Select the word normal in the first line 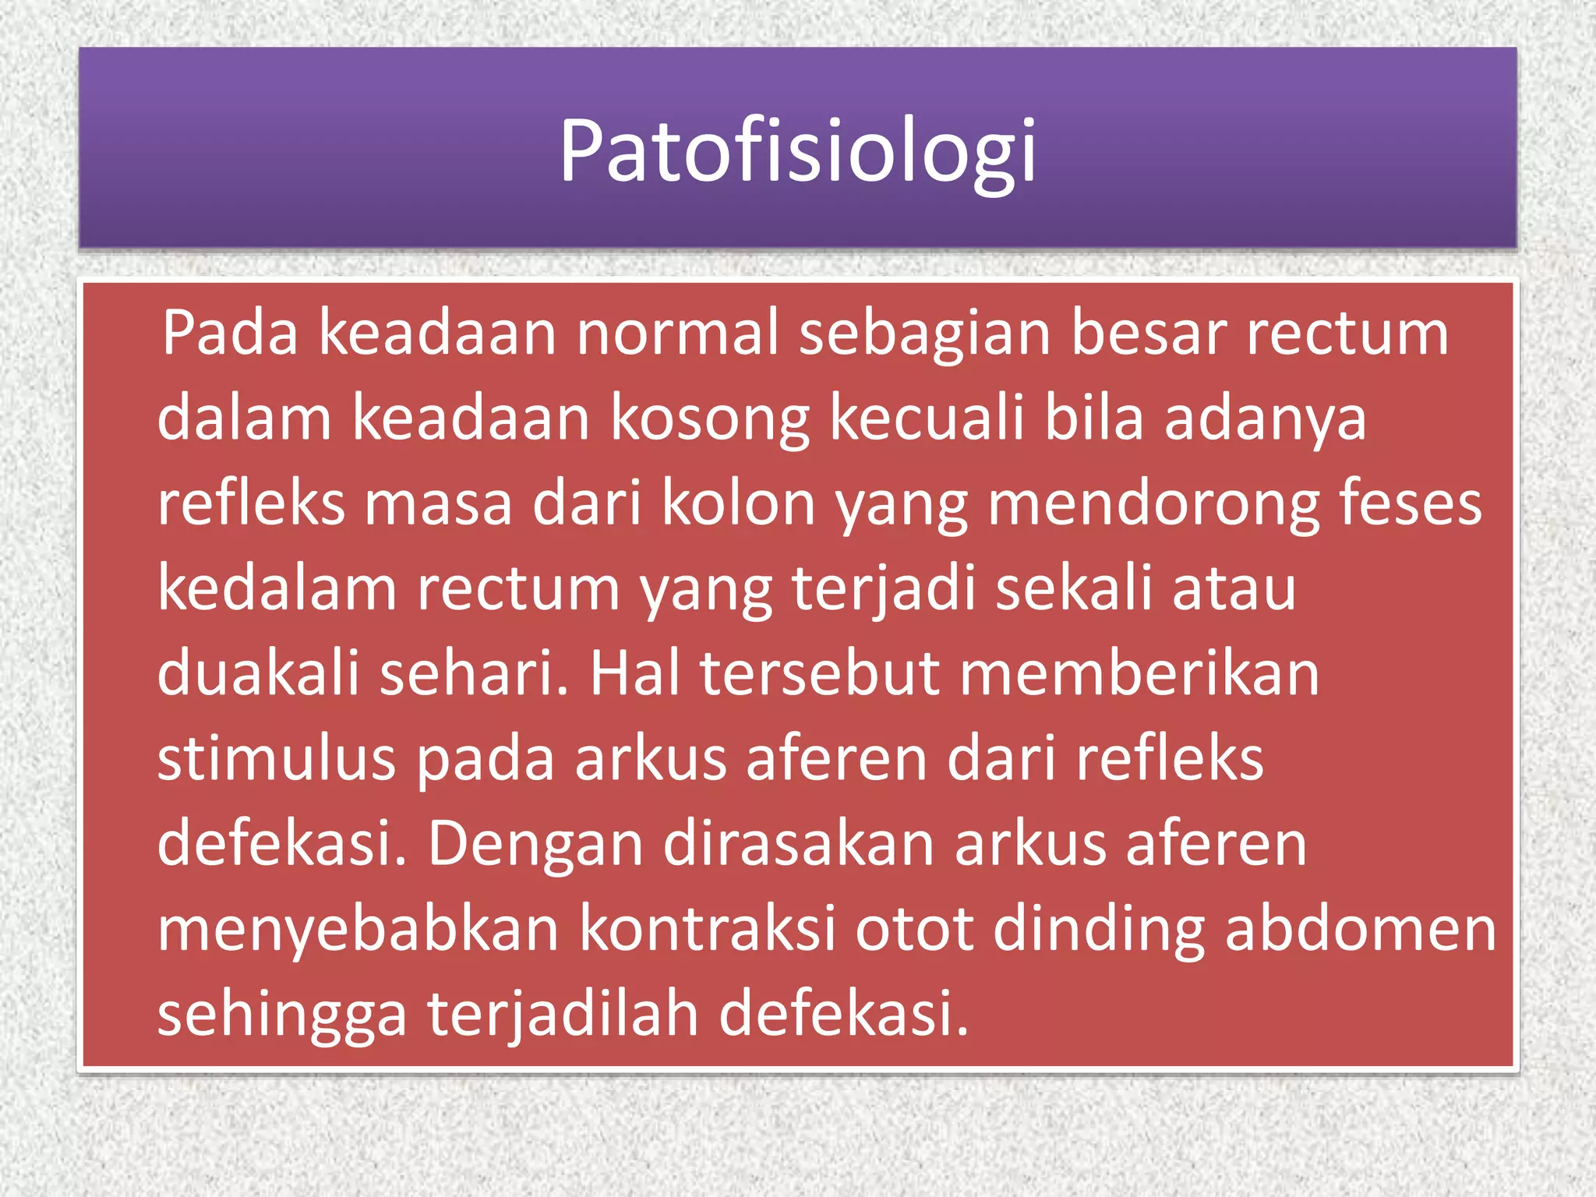click(678, 333)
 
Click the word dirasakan click(799, 843)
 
